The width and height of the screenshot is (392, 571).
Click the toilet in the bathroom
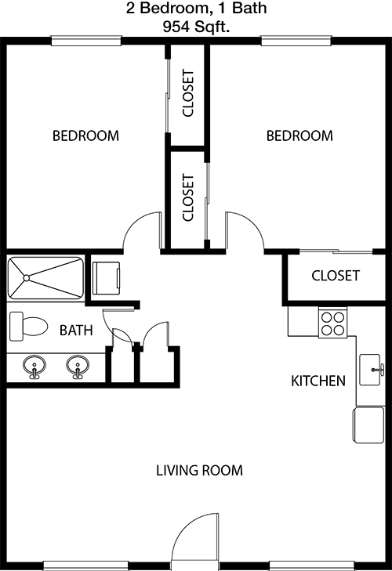(28, 327)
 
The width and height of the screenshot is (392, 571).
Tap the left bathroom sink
(34, 367)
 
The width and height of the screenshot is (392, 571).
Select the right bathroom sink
(78, 367)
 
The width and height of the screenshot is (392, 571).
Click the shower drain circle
(26, 278)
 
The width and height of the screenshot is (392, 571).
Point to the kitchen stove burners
(333, 323)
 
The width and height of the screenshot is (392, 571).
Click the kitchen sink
(371, 370)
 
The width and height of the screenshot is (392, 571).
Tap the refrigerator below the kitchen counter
(368, 425)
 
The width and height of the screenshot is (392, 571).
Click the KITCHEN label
(318, 381)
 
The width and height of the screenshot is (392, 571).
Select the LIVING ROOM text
(199, 471)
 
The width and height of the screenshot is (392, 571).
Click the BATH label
(76, 331)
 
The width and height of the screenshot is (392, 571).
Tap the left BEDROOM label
(85, 136)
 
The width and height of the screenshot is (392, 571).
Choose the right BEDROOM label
(299, 136)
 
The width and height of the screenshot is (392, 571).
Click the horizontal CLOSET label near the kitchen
(336, 276)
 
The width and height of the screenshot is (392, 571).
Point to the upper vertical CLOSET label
(188, 93)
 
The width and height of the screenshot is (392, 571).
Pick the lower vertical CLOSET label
(188, 197)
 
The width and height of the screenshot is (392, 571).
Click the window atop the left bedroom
(86, 41)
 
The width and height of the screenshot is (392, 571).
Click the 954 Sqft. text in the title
(196, 27)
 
